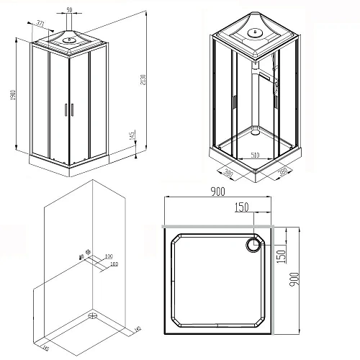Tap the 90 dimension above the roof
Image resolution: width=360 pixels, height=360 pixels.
[69, 9]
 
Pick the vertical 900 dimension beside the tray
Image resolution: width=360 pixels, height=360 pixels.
[293, 274]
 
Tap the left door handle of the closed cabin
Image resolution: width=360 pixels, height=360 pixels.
[65, 109]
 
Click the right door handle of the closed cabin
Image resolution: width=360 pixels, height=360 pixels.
[71, 109]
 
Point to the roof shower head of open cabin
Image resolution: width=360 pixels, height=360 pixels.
[257, 32]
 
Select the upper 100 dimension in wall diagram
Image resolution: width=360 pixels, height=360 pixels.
[108, 257]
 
